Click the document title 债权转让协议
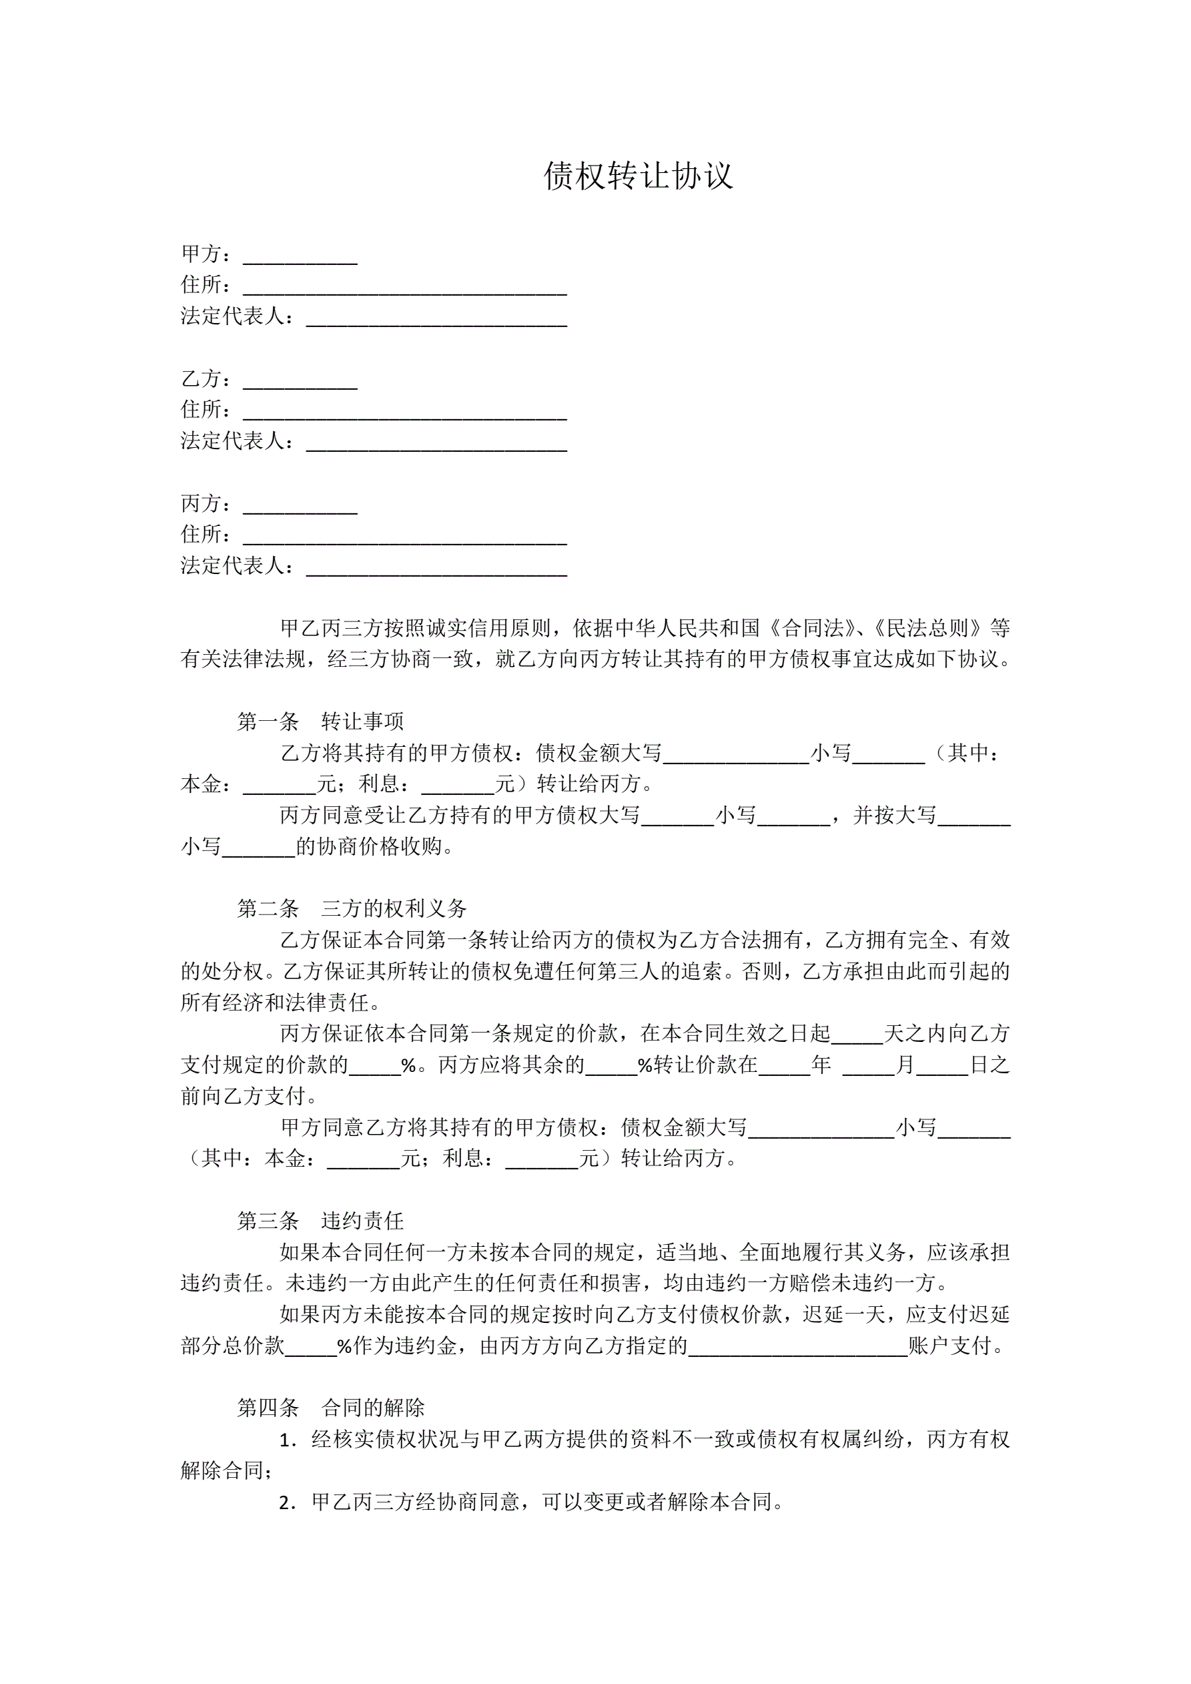click(638, 176)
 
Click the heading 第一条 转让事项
click(320, 722)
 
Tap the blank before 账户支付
click(798, 1348)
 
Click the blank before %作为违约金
click(310, 1348)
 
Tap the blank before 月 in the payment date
click(868, 1067)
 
